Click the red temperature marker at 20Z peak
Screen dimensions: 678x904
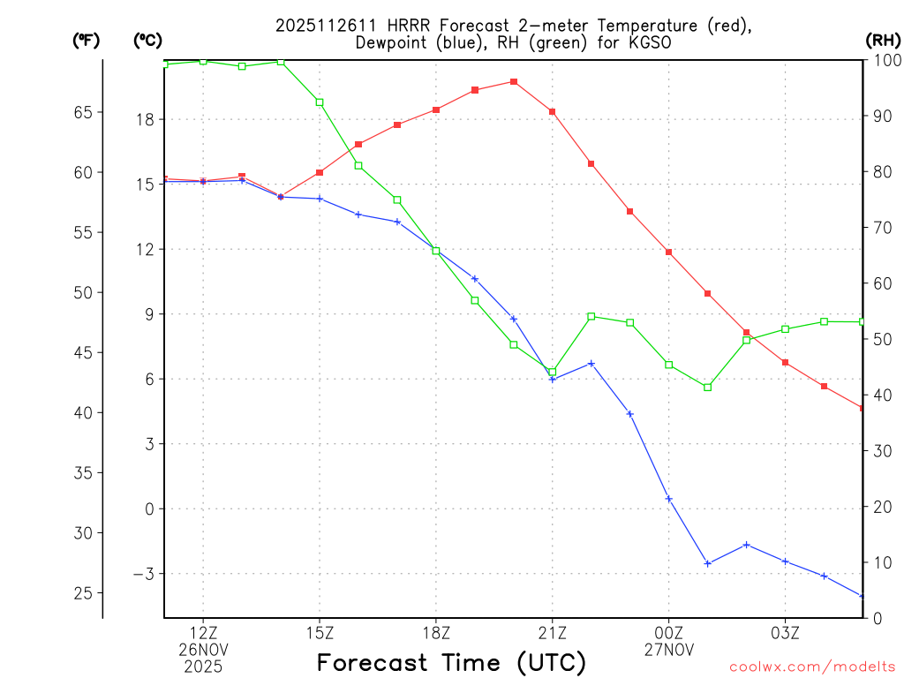coord(514,82)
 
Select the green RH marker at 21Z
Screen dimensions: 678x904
coord(553,372)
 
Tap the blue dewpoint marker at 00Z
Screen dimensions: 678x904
coord(669,499)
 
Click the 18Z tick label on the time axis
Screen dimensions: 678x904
coord(436,632)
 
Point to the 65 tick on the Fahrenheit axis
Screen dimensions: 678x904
coord(82,112)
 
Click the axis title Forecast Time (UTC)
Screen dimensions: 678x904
coord(451,662)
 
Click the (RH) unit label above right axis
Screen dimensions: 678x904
coord(883,40)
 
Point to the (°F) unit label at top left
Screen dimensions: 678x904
coord(86,40)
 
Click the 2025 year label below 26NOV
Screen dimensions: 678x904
coord(203,667)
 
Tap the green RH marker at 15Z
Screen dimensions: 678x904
coord(320,102)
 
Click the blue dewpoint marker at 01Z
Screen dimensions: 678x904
coord(708,563)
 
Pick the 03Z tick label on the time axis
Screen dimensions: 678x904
coord(786,632)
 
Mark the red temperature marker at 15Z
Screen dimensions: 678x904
coord(320,172)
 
